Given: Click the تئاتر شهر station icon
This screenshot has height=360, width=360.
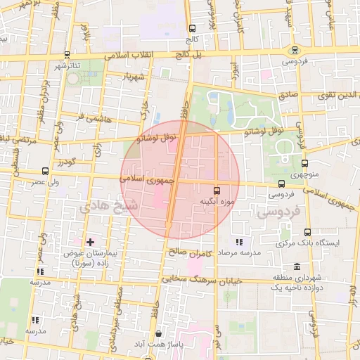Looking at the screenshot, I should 66,54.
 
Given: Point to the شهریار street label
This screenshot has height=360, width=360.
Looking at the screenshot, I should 131,75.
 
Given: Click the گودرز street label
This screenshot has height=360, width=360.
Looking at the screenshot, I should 68,162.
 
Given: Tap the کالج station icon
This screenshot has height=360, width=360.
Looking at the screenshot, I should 192,29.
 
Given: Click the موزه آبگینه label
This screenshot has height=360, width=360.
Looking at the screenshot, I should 217,202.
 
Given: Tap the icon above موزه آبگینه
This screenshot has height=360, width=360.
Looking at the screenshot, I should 217,190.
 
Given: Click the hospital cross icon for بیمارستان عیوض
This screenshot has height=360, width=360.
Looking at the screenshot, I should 89,242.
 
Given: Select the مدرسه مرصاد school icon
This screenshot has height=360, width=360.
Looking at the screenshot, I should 240,242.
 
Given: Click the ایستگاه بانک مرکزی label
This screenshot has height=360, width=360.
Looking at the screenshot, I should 328,243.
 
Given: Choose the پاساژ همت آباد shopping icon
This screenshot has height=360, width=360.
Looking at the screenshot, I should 158,334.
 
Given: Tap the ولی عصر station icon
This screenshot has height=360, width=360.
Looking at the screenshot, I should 46,170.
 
